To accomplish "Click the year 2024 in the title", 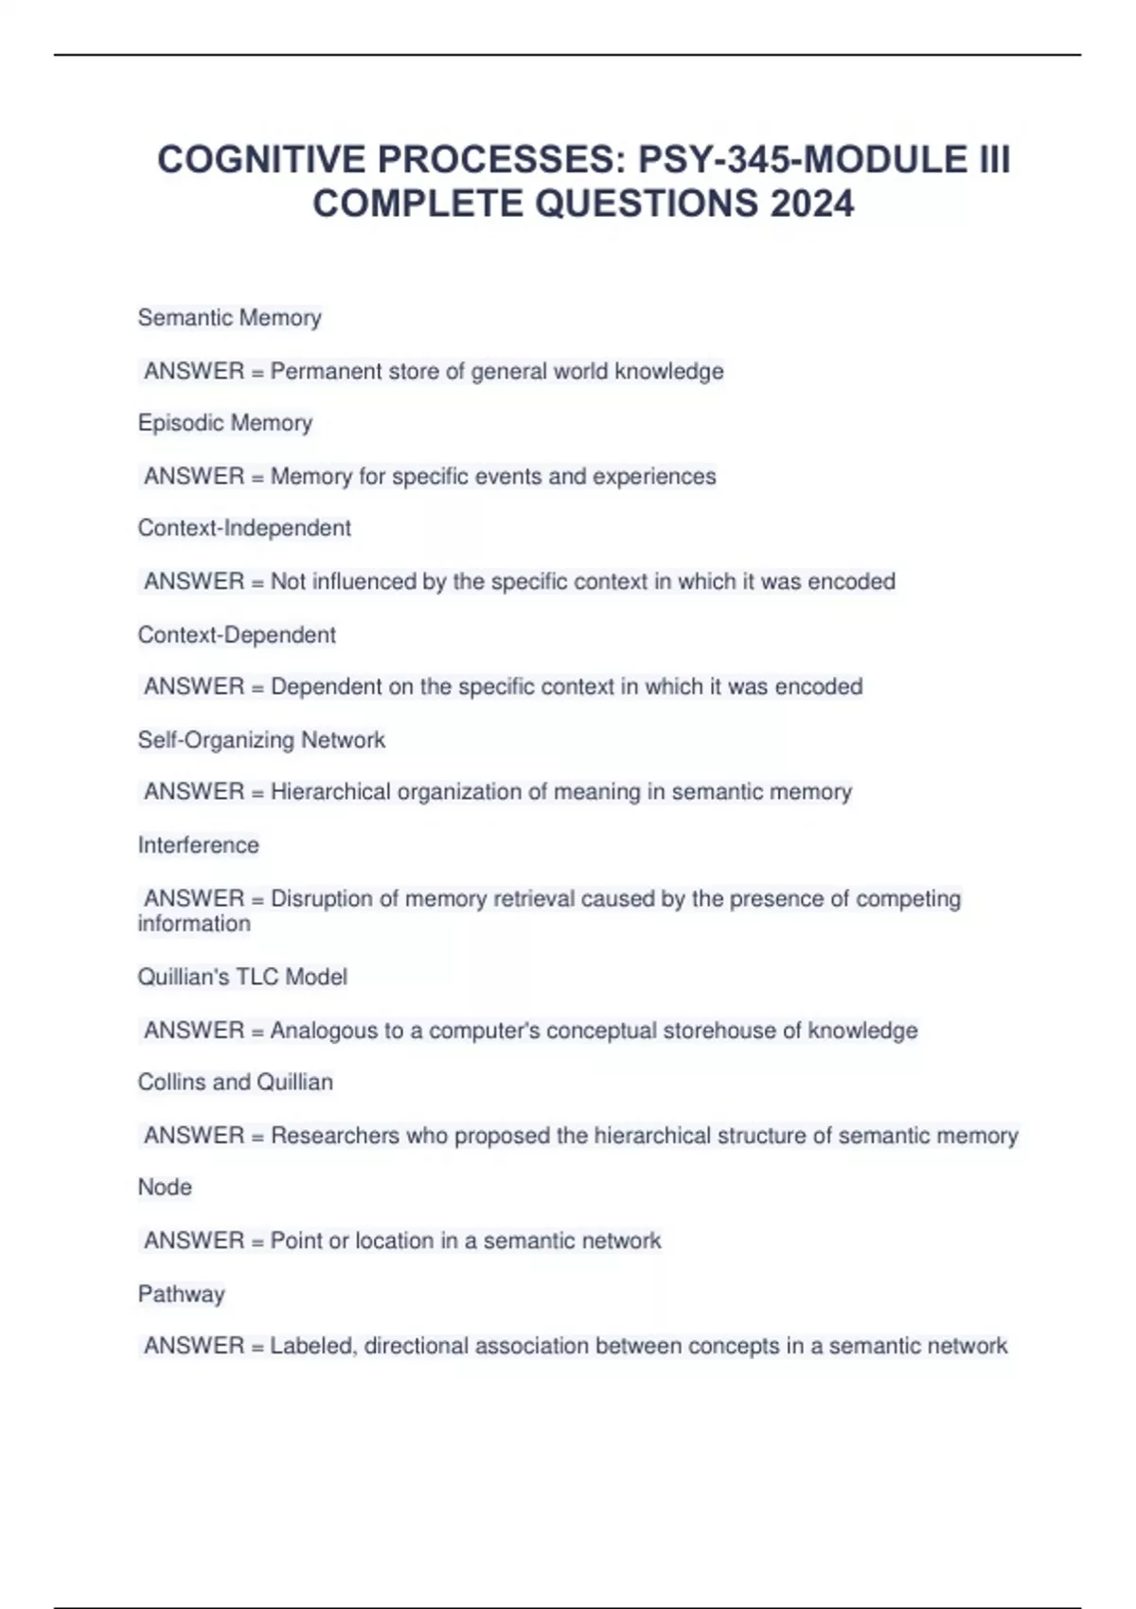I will (x=811, y=203).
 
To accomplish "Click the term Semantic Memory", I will (x=229, y=318).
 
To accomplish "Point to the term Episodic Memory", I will (x=224, y=423).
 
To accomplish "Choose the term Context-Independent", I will (x=244, y=528).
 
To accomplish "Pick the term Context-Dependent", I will (x=237, y=634).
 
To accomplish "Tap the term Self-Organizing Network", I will (x=261, y=739).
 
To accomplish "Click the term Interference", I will (x=198, y=845).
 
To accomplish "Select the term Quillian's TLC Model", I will (x=242, y=977).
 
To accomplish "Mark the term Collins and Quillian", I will (x=235, y=1082).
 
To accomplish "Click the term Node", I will (x=165, y=1187).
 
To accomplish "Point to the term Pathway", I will (x=181, y=1294).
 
